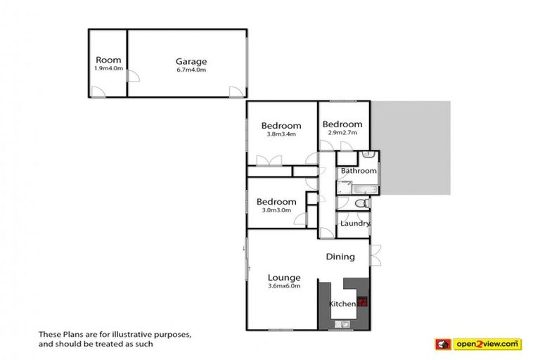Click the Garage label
(x=186, y=60)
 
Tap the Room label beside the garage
(x=108, y=60)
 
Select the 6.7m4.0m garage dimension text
(x=187, y=69)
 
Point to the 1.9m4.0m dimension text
(x=108, y=68)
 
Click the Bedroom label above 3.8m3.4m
(x=281, y=126)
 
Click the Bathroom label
(x=358, y=171)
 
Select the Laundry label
(x=354, y=224)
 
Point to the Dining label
(x=340, y=257)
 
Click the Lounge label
(x=284, y=277)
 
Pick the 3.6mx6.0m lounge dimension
(x=284, y=286)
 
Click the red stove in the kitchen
(x=363, y=302)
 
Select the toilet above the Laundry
(x=360, y=203)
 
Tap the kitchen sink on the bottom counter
(x=342, y=323)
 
